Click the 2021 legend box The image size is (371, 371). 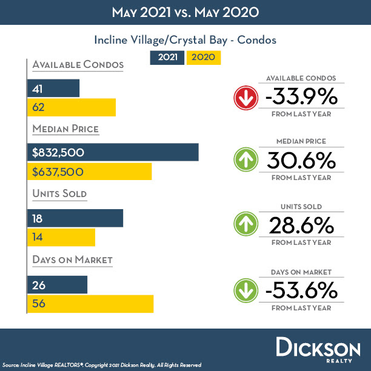pyautogui.click(x=167, y=58)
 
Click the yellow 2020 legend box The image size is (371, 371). pyautogui.click(x=204, y=58)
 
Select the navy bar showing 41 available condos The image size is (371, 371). pyautogui.click(x=53, y=88)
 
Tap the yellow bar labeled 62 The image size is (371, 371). pyautogui.click(x=72, y=107)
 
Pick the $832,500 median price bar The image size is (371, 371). pyautogui.click(x=113, y=152)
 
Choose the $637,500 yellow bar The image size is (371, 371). pyautogui.click(x=90, y=172)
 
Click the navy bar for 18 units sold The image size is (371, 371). pyautogui.click(x=75, y=218)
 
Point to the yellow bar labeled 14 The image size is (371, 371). pyautogui.click(x=61, y=237)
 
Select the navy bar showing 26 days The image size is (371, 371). pyautogui.click(x=58, y=284)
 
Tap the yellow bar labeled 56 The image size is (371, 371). pyautogui.click(x=90, y=304)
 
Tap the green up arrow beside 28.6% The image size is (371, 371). pyautogui.click(x=246, y=226)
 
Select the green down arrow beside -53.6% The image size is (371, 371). pyautogui.click(x=246, y=290)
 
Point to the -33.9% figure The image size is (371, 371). pyautogui.click(x=301, y=96)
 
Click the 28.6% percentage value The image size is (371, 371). pyautogui.click(x=301, y=226)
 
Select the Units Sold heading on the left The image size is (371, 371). pyautogui.click(x=60, y=194)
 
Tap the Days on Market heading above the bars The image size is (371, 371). pyautogui.click(x=73, y=260)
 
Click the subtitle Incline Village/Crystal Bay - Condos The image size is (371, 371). pyautogui.click(x=185, y=40)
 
